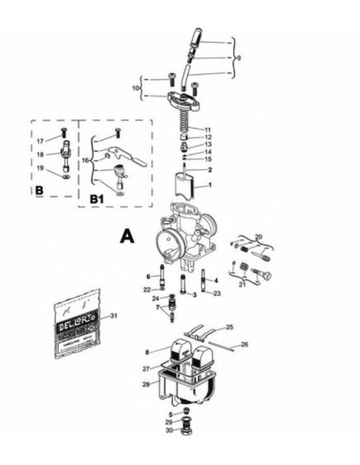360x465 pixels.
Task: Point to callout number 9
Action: pos(238,57)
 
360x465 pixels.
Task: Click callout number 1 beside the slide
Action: pos(209,185)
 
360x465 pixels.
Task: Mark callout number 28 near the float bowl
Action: pos(146,385)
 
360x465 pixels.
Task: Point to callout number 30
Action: pos(168,431)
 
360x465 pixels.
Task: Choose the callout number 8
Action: pos(147,351)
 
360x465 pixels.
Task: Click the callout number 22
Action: pos(147,289)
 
